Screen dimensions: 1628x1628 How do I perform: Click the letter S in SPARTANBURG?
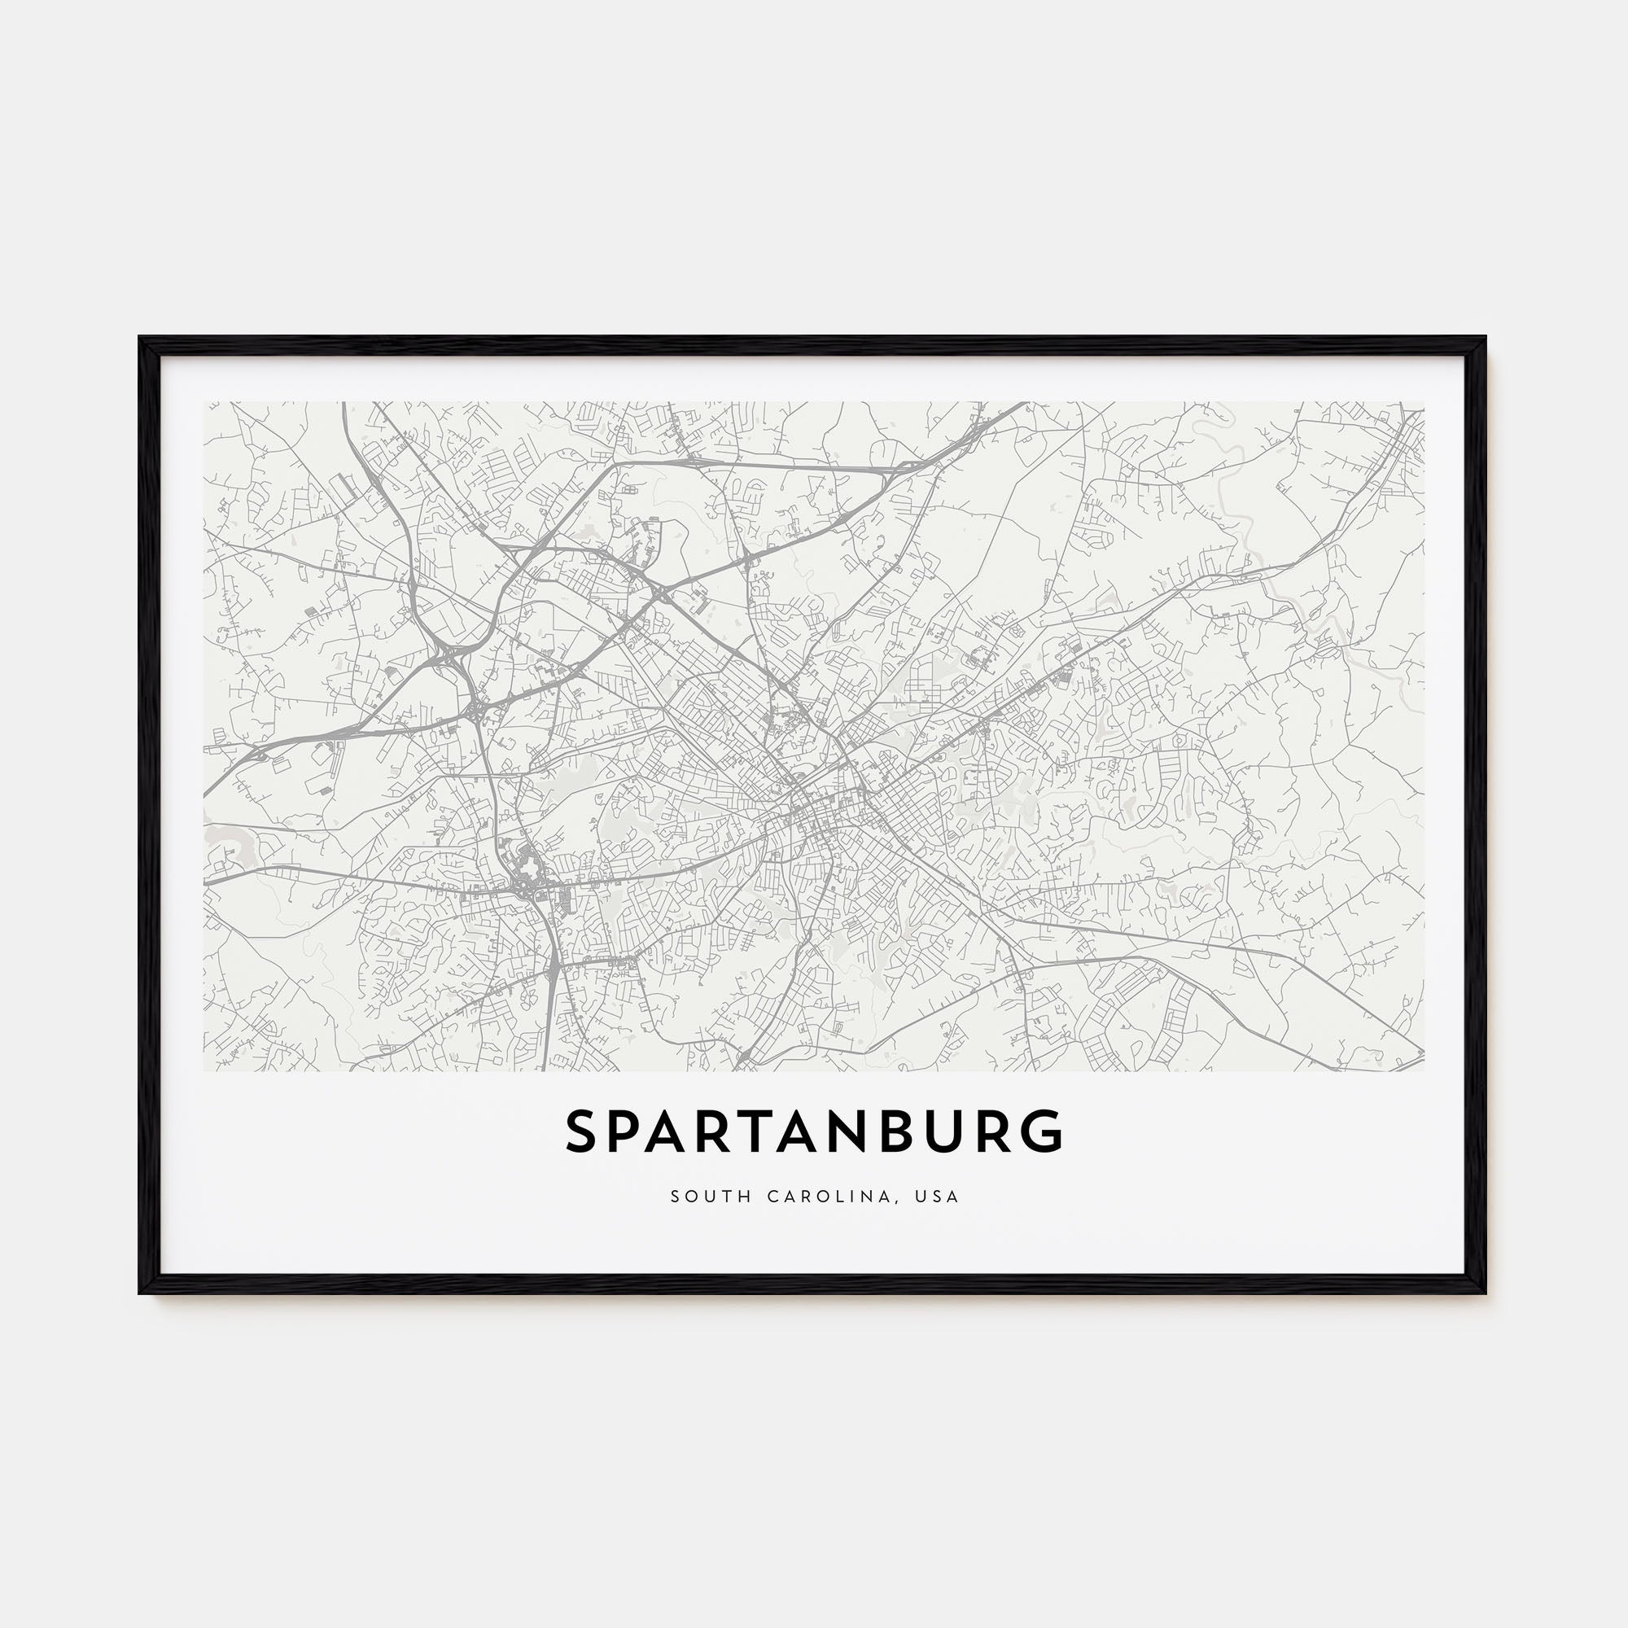point(583,1131)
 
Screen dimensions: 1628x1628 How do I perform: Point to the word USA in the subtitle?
point(940,1197)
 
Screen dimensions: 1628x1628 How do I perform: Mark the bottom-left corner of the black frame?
point(141,1293)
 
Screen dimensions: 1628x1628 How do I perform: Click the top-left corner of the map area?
point(204,402)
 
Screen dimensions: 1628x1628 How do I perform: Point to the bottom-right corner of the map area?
point(1424,1071)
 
